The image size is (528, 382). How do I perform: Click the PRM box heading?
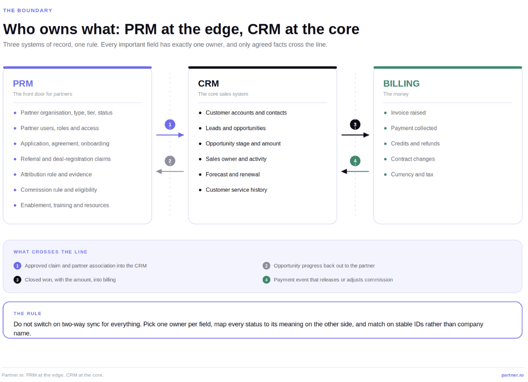(23, 84)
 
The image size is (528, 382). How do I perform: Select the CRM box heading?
(209, 84)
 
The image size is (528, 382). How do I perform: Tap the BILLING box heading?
(401, 84)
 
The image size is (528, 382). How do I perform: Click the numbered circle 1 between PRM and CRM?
(170, 124)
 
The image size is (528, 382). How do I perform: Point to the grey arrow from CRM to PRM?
(170, 171)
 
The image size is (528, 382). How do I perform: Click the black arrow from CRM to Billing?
(355, 135)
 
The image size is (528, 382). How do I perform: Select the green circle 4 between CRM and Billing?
(355, 161)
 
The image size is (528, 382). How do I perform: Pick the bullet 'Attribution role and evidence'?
(56, 174)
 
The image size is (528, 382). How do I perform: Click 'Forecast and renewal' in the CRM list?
(233, 174)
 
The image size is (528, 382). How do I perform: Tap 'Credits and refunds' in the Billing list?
(415, 143)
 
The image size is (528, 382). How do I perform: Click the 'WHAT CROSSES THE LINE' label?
(51, 252)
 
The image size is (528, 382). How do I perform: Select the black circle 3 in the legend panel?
(17, 280)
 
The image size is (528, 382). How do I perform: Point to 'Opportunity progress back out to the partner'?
(324, 266)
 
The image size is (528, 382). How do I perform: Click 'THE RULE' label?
(27, 314)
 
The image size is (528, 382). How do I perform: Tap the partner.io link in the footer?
(512, 375)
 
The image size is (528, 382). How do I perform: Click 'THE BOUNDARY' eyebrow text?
(27, 10)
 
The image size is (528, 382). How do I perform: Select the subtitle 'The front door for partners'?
(42, 94)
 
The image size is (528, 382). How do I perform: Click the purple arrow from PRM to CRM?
(170, 135)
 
